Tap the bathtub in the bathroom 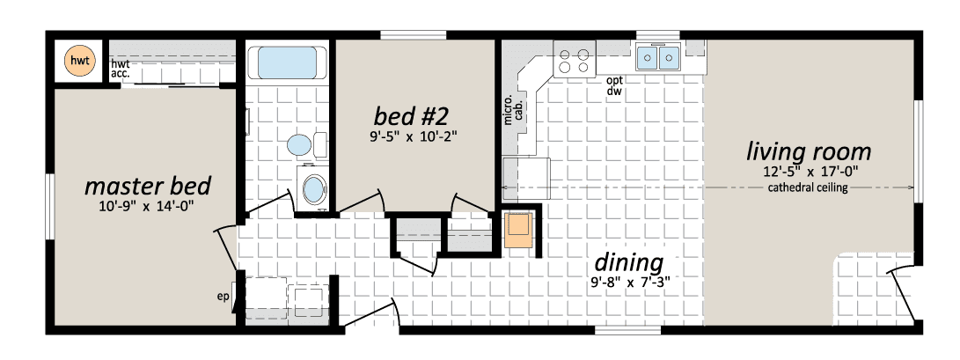click(288, 62)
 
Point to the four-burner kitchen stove click(575, 59)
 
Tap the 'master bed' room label click(148, 186)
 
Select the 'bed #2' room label click(409, 114)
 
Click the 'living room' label click(808, 151)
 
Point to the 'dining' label click(629, 263)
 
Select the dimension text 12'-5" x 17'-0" click(808, 172)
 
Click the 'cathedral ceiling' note click(808, 187)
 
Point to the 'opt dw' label click(614, 86)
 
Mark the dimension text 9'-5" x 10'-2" click(409, 136)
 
